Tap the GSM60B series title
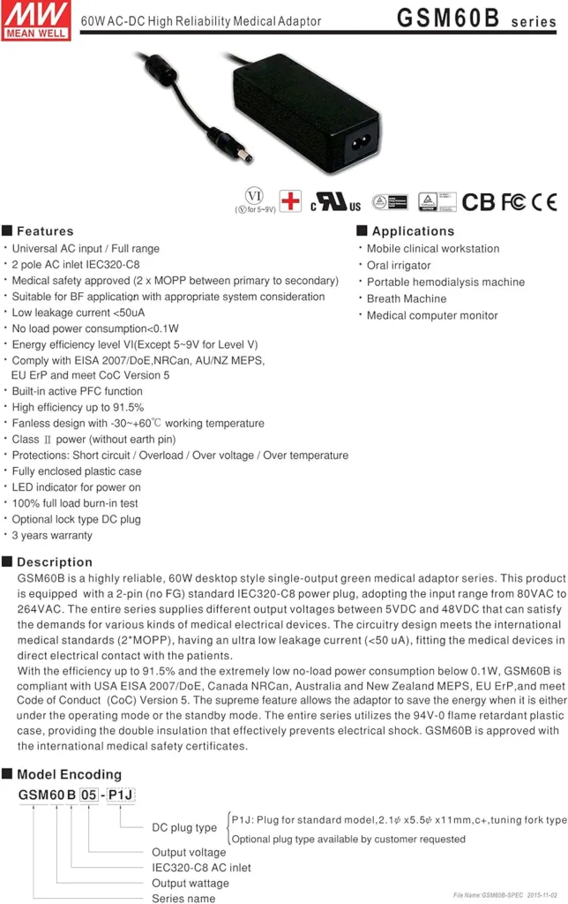[x=476, y=19]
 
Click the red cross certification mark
[x=290, y=201]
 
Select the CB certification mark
[x=479, y=202]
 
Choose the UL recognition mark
[x=335, y=202]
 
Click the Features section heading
[x=44, y=230]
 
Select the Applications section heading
[x=406, y=230]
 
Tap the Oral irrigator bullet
[x=399, y=265]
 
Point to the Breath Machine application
[x=407, y=298]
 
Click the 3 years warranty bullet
[x=52, y=535]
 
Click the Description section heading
[x=54, y=561]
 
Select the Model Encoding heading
[x=69, y=774]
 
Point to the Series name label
[x=183, y=898]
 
